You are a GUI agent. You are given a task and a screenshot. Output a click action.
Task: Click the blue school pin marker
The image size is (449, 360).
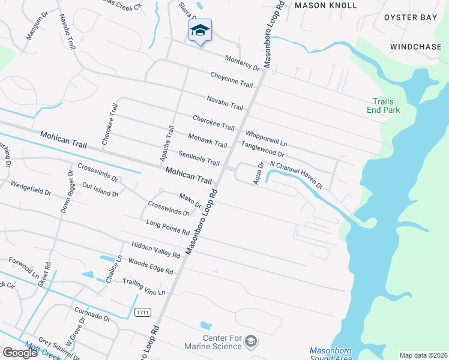(x=200, y=31)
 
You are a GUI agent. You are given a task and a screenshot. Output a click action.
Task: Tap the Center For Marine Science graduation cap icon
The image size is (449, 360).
(x=251, y=342)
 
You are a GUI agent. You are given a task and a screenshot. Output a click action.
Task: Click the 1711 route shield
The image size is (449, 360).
(x=142, y=313)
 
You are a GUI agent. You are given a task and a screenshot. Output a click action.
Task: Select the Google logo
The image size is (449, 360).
(x=20, y=352)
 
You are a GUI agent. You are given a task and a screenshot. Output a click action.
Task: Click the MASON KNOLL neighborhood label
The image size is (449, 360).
(x=326, y=5)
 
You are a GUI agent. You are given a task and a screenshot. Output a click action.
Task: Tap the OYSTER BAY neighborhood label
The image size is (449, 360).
(x=411, y=17)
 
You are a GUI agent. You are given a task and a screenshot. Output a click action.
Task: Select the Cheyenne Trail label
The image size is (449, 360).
(x=232, y=79)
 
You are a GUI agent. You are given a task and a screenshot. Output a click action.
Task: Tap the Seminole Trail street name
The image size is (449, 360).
(x=199, y=158)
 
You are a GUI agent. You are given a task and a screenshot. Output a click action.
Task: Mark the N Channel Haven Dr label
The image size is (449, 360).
(x=297, y=174)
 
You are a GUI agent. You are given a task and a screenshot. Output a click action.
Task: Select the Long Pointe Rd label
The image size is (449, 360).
(x=168, y=227)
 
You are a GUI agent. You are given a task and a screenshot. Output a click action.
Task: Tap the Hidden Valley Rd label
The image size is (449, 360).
(x=156, y=250)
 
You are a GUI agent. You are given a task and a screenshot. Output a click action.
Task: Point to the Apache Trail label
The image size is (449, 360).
(x=166, y=144)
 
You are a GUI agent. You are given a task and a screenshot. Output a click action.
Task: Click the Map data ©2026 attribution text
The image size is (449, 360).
(x=423, y=355)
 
